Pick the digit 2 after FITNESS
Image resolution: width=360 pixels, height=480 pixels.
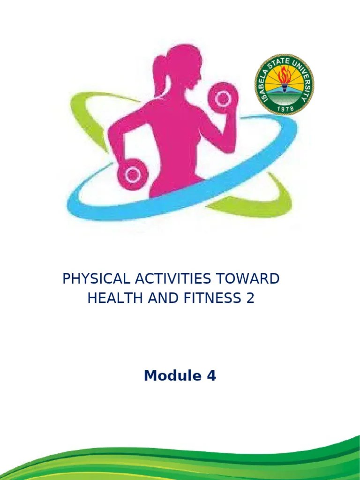point(250,298)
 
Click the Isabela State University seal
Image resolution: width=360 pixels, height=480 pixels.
point(284,84)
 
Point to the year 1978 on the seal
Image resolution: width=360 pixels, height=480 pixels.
point(284,107)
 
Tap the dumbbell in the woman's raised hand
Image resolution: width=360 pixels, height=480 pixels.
point(223,97)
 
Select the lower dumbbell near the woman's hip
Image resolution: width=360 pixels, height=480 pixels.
point(133,175)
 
